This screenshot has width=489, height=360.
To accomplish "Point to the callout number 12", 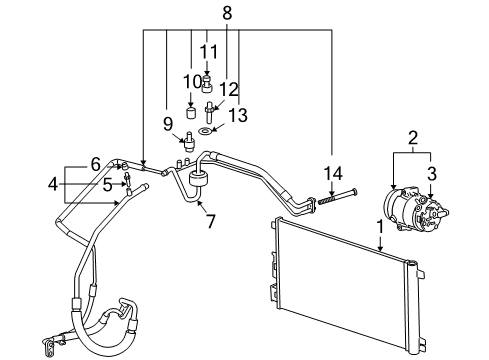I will tap(229, 88).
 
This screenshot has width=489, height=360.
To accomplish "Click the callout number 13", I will tap(237, 115).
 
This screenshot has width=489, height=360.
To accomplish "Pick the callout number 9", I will tap(169, 124).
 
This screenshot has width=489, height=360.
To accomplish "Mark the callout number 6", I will tap(95, 164).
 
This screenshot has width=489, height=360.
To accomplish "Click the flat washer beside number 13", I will tap(205, 130).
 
